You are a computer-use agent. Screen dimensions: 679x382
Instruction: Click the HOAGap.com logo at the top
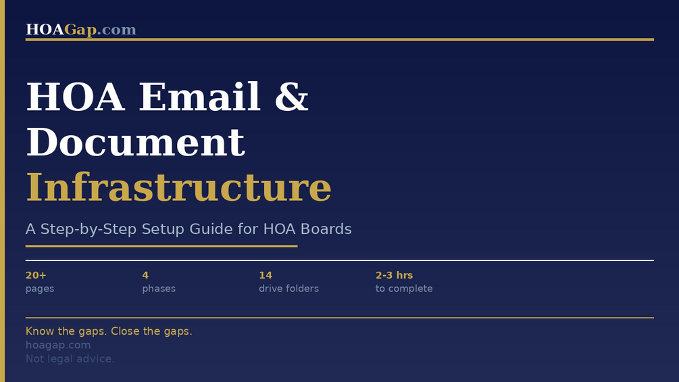tap(81, 30)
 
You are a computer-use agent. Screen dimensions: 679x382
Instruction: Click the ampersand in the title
tap(291, 97)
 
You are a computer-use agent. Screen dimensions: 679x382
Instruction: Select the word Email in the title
tap(199, 97)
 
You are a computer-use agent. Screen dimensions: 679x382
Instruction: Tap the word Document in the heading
tap(136, 142)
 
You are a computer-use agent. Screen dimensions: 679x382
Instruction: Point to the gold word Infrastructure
tap(179, 187)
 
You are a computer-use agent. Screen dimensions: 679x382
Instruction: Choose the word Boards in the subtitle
tap(326, 229)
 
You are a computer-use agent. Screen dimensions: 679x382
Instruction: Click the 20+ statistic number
tap(36, 275)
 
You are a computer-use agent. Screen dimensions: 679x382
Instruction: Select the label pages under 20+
tap(40, 289)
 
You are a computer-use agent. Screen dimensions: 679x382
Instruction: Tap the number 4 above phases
tap(145, 275)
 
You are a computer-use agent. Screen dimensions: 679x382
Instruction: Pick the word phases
tap(159, 289)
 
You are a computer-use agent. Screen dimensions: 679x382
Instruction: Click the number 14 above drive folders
tap(266, 275)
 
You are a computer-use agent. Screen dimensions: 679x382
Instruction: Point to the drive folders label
tap(289, 289)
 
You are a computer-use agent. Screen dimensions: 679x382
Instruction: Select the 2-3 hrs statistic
tap(394, 275)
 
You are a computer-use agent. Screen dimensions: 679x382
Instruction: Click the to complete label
tap(404, 289)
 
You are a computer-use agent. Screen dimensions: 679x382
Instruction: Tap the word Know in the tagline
tap(40, 331)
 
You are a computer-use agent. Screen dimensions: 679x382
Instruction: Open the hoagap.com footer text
tap(58, 345)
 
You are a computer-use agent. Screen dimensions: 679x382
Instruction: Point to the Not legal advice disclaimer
tap(70, 359)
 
